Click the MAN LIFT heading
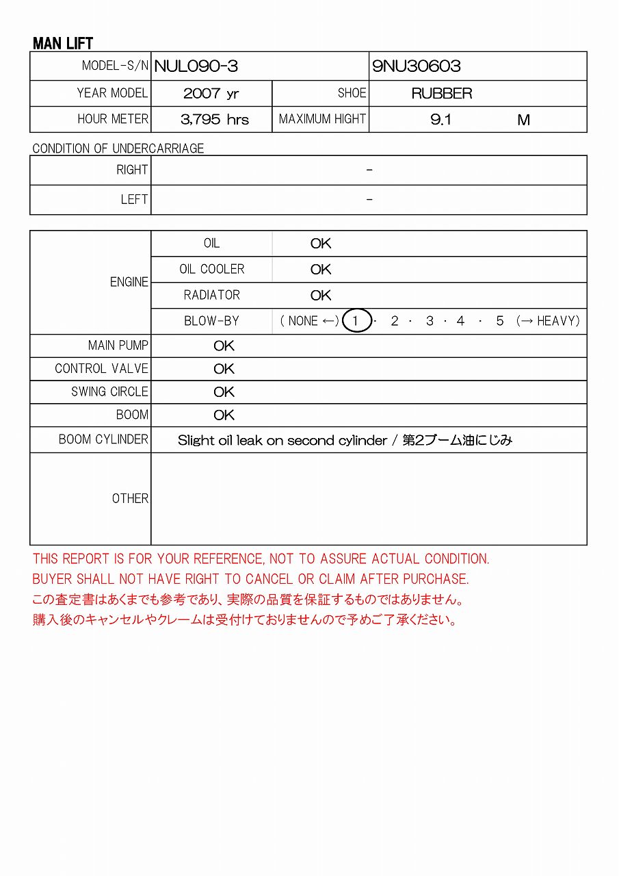click(63, 43)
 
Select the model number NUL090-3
click(196, 66)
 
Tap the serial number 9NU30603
click(417, 66)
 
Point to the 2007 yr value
click(211, 94)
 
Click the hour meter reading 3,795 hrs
click(215, 120)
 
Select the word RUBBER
click(442, 94)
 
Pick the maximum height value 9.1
click(441, 120)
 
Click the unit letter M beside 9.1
click(523, 120)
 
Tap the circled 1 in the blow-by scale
click(356, 321)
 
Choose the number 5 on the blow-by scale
click(500, 321)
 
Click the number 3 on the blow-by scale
click(430, 321)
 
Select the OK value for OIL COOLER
click(321, 270)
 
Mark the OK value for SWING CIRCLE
click(224, 392)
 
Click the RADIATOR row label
click(212, 295)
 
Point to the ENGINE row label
click(129, 282)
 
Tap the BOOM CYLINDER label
click(103, 439)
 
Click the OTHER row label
click(130, 499)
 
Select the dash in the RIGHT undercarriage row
click(369, 170)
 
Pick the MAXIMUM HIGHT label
click(322, 119)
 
